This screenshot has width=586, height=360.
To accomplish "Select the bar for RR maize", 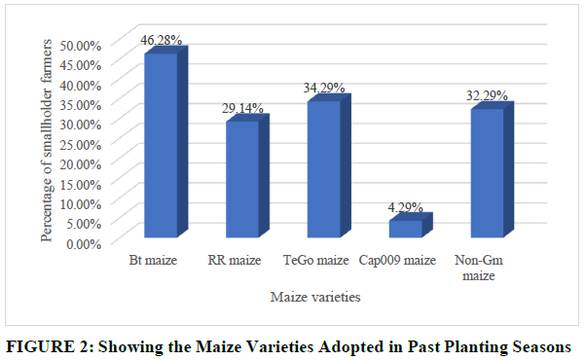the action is tap(247, 176).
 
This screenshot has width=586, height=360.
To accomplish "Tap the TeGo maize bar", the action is tap(329, 165).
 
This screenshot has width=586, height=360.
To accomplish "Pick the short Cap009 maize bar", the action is tap(411, 225).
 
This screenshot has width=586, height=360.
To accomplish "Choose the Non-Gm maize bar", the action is tap(493, 169).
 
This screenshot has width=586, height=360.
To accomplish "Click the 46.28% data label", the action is tap(161, 40).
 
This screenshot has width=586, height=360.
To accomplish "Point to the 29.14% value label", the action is tap(242, 108).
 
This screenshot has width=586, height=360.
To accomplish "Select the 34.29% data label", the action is tap(324, 88).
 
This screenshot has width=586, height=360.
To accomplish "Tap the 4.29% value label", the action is tap(406, 207).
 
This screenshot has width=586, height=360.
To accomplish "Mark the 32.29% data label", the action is tap(487, 95).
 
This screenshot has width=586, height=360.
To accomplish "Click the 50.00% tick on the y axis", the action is tap(81, 46).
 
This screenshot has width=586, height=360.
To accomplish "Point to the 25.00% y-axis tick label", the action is tap(81, 145).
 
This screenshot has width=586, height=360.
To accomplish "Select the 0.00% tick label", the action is tap(84, 244).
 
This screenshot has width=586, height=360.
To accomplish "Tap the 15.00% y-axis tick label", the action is tap(81, 184).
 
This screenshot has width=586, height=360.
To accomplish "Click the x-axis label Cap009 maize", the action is tap(397, 260).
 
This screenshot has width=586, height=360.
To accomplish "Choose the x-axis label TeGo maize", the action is tap(316, 260).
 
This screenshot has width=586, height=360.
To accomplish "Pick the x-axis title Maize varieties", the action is tap(315, 297).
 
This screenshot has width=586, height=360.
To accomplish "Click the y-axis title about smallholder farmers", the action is tap(47, 140).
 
